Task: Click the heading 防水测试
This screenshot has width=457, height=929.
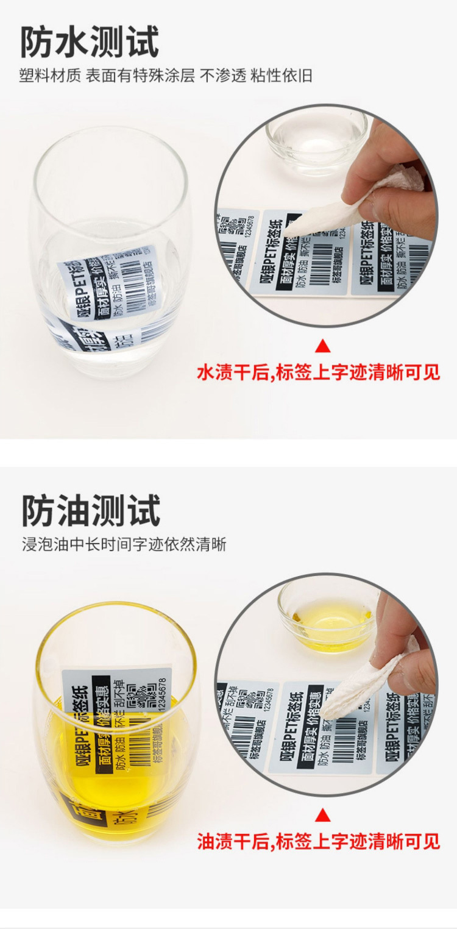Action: (90, 41)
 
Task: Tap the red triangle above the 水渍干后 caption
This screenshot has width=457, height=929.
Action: (323, 347)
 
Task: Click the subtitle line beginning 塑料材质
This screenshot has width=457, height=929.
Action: (166, 76)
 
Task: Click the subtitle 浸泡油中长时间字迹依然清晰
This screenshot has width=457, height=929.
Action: (124, 544)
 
